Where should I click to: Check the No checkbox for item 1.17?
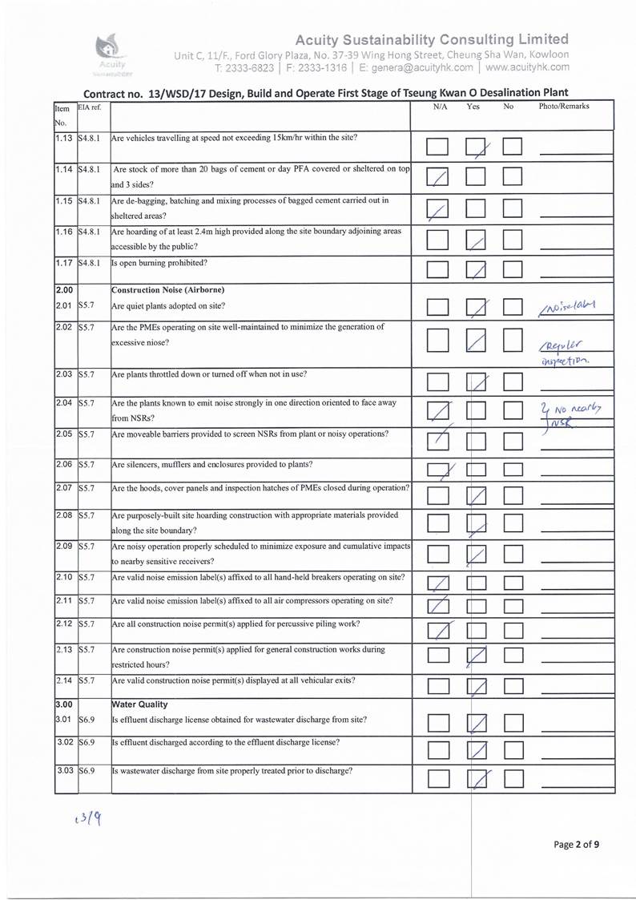pyautogui.click(x=513, y=268)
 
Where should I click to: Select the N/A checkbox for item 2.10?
pyautogui.click(x=438, y=583)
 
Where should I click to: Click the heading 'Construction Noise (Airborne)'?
pyautogui.click(x=167, y=289)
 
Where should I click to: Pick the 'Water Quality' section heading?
pyautogui.click(x=139, y=704)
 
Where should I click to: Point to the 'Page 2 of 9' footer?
pyautogui.click(x=577, y=844)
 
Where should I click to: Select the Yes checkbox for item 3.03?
pyautogui.click(x=477, y=779)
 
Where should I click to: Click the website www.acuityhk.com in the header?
pyautogui.click(x=527, y=68)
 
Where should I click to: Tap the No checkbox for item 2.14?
pyautogui.click(x=513, y=685)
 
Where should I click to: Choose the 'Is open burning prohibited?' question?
pyautogui.click(x=159, y=262)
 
